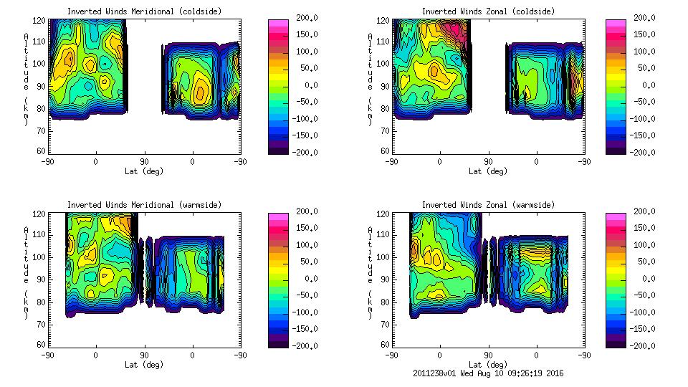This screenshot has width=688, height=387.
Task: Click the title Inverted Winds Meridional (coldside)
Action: click(x=144, y=11)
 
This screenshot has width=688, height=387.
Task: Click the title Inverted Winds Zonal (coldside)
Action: click(x=488, y=11)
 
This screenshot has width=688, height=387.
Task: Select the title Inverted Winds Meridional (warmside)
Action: click(x=144, y=205)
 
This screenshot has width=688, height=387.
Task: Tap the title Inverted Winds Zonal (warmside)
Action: click(x=488, y=205)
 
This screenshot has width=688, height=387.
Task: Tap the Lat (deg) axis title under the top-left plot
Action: click(x=144, y=171)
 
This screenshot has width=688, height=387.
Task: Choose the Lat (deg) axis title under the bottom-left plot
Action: click(x=144, y=365)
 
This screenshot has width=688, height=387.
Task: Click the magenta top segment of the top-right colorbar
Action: click(x=615, y=23)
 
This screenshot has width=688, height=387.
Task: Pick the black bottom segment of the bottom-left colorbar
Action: click(x=278, y=343)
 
